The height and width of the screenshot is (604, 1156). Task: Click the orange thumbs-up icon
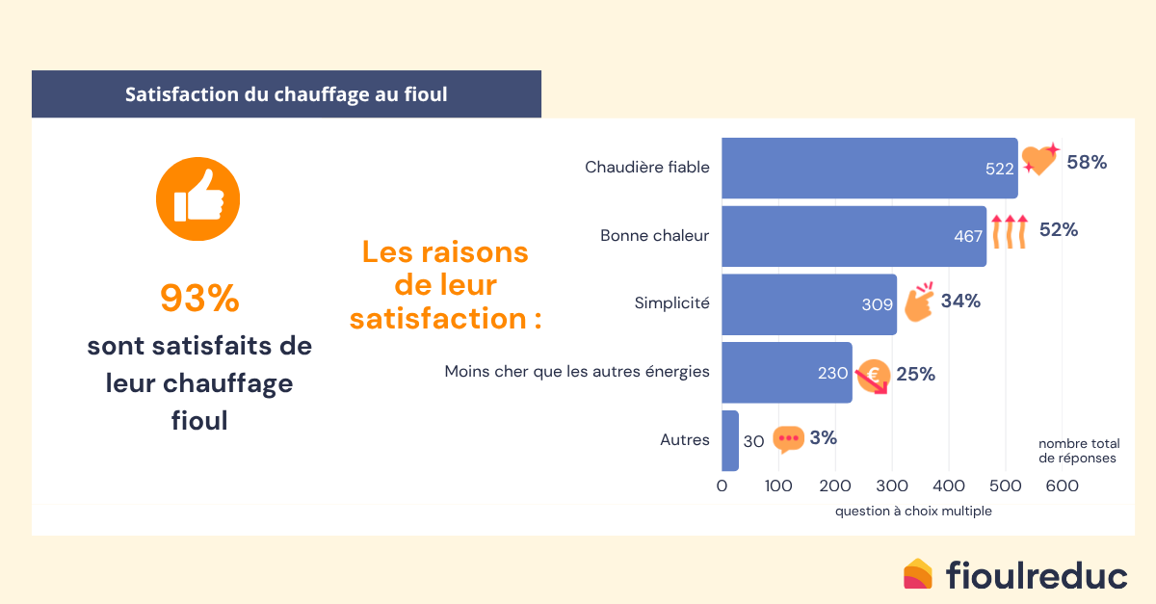[x=197, y=199]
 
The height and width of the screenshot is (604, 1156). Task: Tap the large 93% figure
[x=199, y=299]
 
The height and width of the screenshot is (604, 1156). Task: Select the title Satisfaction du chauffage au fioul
[x=286, y=95]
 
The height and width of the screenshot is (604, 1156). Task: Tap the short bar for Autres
[x=730, y=440]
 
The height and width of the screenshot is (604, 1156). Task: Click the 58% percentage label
[x=1087, y=163]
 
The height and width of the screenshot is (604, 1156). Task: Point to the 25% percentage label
[x=915, y=374]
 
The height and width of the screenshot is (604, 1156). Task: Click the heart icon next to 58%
[x=1038, y=159]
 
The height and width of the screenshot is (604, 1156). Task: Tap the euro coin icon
[x=873, y=376]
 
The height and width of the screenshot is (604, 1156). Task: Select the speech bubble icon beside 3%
[x=788, y=439]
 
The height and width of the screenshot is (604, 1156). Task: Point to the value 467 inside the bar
[x=968, y=236]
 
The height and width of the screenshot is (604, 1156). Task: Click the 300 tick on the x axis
[x=892, y=486]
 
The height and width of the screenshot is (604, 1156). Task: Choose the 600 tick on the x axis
[x=1062, y=486]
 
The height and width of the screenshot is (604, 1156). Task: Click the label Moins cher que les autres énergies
[x=577, y=371]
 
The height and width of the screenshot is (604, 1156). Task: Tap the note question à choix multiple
[x=912, y=512]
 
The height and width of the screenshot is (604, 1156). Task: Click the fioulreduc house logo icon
[x=918, y=574]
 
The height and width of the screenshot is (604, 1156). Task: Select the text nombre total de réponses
[x=1077, y=451]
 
